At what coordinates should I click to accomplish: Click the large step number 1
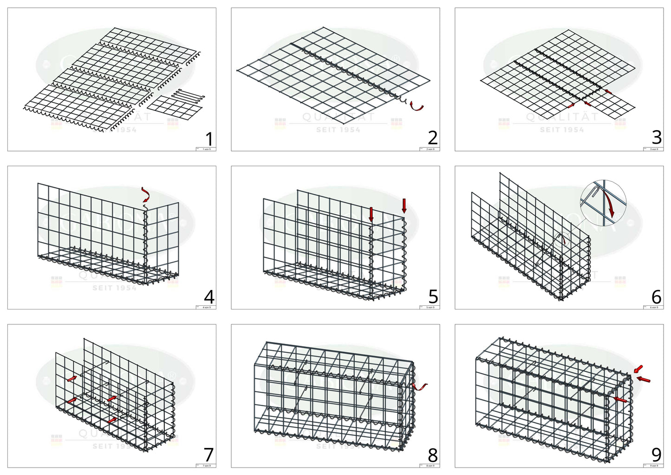pyautogui.click(x=209, y=139)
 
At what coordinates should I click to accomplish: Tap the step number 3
pyautogui.click(x=657, y=138)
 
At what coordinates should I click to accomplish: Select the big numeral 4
pyautogui.click(x=209, y=297)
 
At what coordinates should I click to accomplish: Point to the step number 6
pyautogui.click(x=656, y=297)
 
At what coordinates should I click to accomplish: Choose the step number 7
pyautogui.click(x=209, y=455)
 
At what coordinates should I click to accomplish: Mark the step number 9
pyautogui.click(x=656, y=454)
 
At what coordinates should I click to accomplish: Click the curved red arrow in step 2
pyautogui.click(x=417, y=107)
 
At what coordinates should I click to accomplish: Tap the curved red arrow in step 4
pyautogui.click(x=146, y=194)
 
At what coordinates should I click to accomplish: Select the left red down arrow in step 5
pyautogui.click(x=371, y=214)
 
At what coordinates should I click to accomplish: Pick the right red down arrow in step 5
pyautogui.click(x=404, y=205)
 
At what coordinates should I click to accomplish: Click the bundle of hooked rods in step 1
pyautogui.click(x=189, y=96)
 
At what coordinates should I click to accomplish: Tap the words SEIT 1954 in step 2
pyautogui.click(x=338, y=130)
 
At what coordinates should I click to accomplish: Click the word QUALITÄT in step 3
pyautogui.click(x=562, y=117)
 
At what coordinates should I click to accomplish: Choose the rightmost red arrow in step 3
pyautogui.click(x=608, y=92)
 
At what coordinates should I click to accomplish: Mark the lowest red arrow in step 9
pyautogui.click(x=620, y=399)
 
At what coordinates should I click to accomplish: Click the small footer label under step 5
pyautogui.click(x=430, y=307)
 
